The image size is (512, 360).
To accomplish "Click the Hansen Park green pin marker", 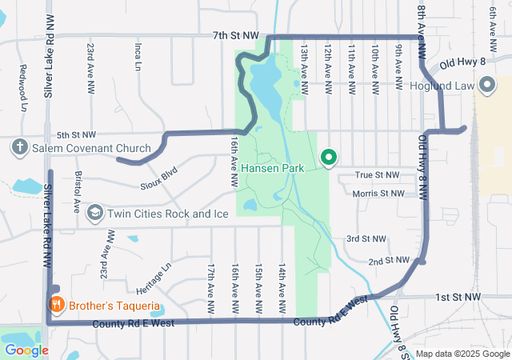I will pyautogui.click(x=328, y=158).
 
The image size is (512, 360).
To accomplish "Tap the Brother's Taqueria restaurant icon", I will pyautogui.click(x=56, y=304).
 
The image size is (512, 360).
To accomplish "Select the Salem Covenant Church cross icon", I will pyautogui.click(x=20, y=148).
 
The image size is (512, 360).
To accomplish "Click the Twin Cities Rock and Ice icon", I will pyautogui.click(x=94, y=213).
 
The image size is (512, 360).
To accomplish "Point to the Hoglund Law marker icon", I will pyautogui.click(x=486, y=86).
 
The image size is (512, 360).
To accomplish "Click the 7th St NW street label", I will pyautogui.click(x=236, y=35).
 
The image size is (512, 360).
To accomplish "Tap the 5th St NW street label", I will pyautogui.click(x=77, y=134).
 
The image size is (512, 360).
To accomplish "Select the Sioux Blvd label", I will pyautogui.click(x=158, y=177).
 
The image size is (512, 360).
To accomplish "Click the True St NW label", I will pyautogui.click(x=376, y=174).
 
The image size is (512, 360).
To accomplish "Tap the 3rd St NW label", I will pyautogui.click(x=366, y=239).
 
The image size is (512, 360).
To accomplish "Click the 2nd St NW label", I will pyautogui.click(x=389, y=261).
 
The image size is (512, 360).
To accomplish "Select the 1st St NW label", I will pyautogui.click(x=458, y=297).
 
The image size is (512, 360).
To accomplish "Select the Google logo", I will pyautogui.click(x=26, y=350).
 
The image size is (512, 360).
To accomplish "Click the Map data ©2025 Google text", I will pyautogui.click(x=462, y=354).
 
